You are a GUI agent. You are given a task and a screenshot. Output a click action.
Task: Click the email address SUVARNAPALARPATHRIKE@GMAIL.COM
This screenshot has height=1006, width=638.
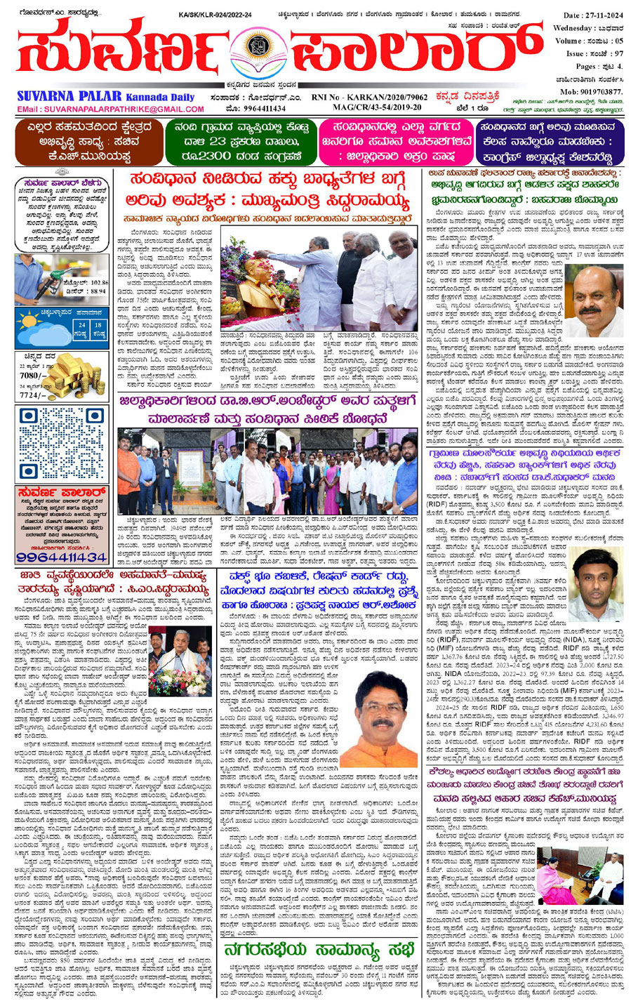point(124,110)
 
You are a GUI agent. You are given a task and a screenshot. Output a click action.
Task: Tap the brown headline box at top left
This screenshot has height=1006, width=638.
point(83,140)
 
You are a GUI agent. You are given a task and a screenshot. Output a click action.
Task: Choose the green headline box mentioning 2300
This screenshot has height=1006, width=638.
point(239,141)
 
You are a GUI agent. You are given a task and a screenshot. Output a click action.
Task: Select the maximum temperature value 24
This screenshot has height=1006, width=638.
point(82,325)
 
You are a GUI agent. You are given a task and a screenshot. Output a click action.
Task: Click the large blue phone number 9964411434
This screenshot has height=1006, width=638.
point(62,557)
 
